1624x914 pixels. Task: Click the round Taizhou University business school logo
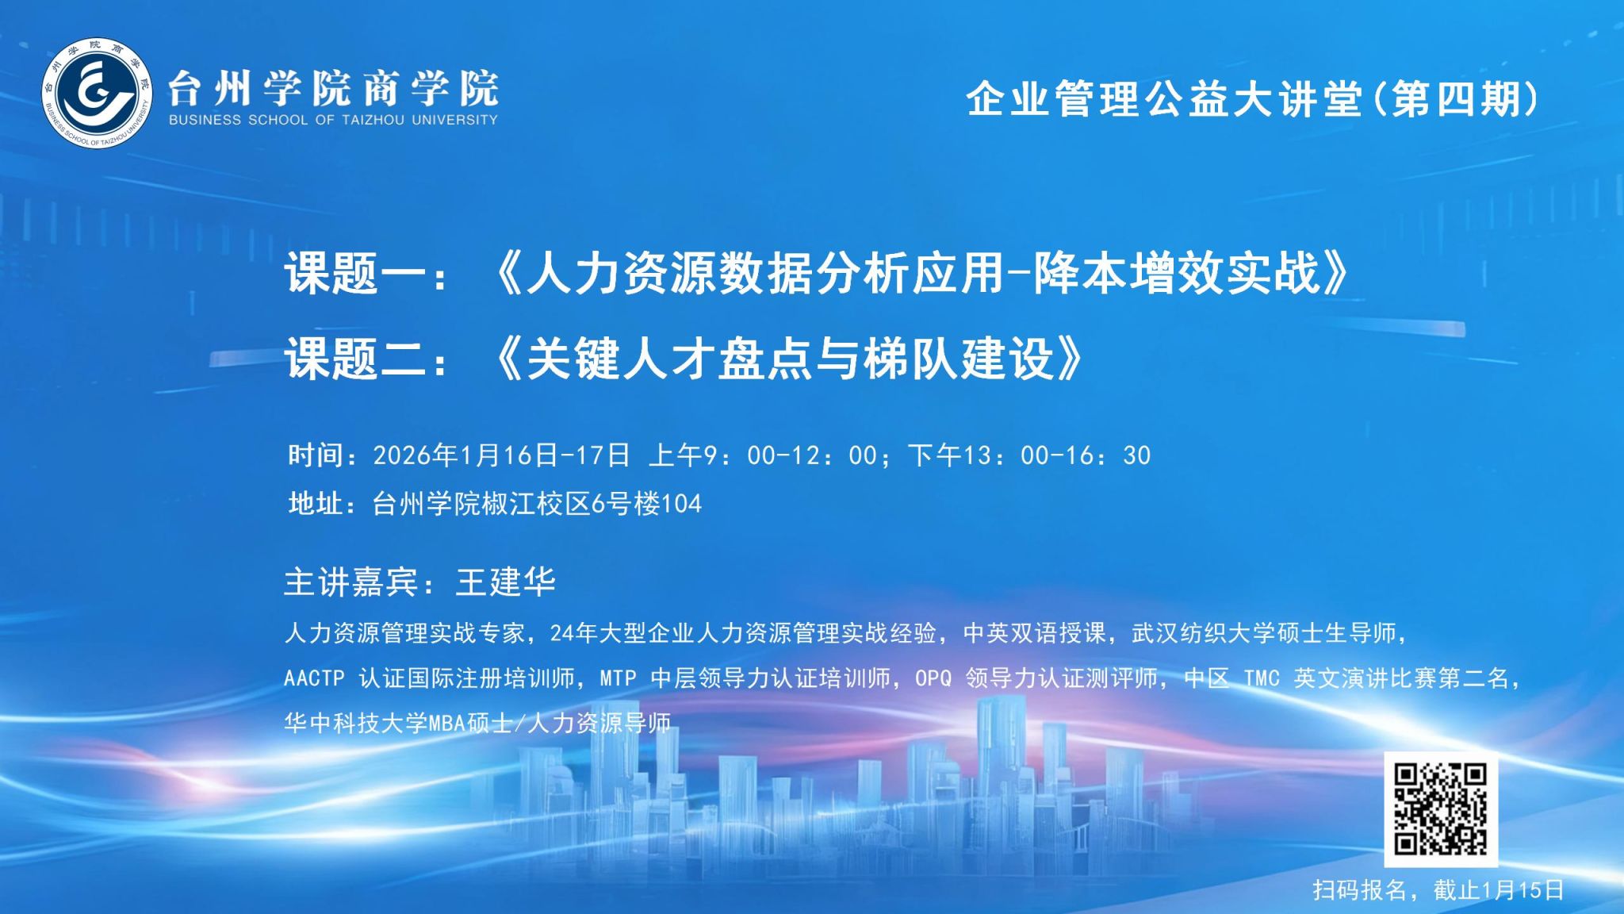[97, 94]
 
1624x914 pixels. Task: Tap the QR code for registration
[1441, 809]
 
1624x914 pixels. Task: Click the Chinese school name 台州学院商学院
[333, 88]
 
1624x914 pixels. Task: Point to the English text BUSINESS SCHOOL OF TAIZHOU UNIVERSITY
[333, 120]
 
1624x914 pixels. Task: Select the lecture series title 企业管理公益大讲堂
[1164, 100]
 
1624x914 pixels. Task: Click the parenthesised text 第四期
[1457, 100]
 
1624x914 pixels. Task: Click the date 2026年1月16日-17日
[501, 455]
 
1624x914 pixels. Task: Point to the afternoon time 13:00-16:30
[1057, 455]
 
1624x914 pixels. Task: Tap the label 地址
[316, 504]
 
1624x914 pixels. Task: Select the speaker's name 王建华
[506, 582]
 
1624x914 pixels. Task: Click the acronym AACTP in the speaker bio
[314, 678]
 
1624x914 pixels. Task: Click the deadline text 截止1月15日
[1499, 889]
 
